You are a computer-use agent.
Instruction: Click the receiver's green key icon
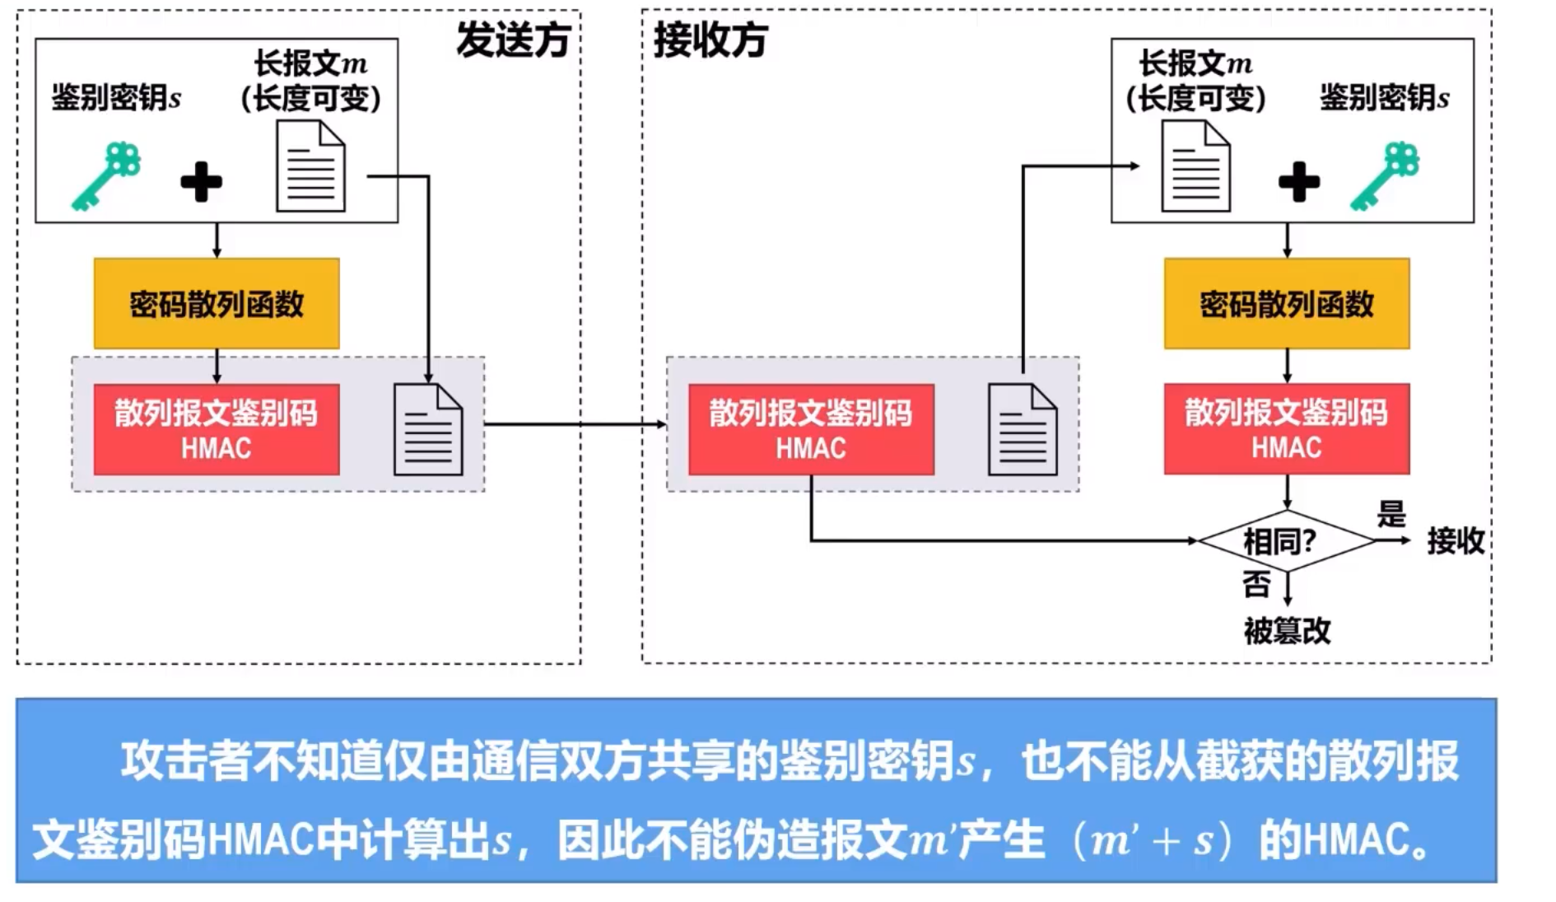(x=1385, y=176)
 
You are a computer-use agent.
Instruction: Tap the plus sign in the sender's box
(x=201, y=182)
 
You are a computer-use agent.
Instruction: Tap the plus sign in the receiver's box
(x=1299, y=182)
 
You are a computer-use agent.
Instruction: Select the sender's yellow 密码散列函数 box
(x=217, y=304)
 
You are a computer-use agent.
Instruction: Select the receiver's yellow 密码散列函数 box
(x=1286, y=304)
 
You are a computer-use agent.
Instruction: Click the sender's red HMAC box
(x=217, y=429)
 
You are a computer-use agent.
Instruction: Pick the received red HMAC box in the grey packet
(x=811, y=429)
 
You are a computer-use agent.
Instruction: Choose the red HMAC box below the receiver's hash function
(x=1286, y=429)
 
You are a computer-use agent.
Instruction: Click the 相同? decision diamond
(x=1285, y=541)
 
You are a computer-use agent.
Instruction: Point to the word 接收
(x=1455, y=541)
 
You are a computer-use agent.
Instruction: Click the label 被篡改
(x=1287, y=631)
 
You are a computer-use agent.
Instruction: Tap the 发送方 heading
(x=514, y=40)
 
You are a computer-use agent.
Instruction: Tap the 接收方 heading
(x=710, y=40)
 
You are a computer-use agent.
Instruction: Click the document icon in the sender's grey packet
(x=428, y=430)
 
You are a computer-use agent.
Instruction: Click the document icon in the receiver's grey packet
(x=1023, y=430)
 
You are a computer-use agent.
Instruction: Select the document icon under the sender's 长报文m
(x=310, y=166)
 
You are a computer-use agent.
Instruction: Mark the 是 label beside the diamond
(x=1391, y=515)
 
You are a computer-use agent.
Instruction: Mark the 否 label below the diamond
(x=1256, y=585)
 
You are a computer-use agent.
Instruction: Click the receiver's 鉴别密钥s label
(x=1384, y=97)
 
